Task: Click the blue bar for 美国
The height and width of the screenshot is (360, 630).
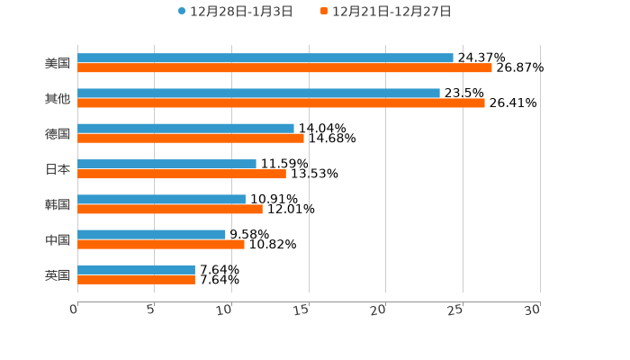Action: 265,58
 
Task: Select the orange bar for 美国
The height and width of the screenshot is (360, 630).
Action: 284,67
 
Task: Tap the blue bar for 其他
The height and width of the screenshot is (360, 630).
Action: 258,93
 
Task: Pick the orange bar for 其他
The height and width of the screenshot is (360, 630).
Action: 281,103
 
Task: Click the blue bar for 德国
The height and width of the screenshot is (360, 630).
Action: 185,128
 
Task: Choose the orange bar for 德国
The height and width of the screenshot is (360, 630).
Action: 191,138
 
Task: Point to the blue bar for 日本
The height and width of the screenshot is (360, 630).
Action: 166,164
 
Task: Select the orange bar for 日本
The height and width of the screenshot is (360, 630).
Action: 182,174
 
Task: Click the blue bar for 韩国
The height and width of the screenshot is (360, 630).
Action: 161,199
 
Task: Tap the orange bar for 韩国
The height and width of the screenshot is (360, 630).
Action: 170,209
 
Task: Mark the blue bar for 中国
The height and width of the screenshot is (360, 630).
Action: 151,234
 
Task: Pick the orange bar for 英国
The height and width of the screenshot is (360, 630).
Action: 136,279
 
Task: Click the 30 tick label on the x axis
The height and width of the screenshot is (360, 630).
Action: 533,310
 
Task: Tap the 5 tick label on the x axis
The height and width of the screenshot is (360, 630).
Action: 152,310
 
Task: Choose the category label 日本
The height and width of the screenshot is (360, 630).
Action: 58,169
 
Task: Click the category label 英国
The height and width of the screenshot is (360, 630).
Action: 58,274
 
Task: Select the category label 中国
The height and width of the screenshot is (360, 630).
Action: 58,239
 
